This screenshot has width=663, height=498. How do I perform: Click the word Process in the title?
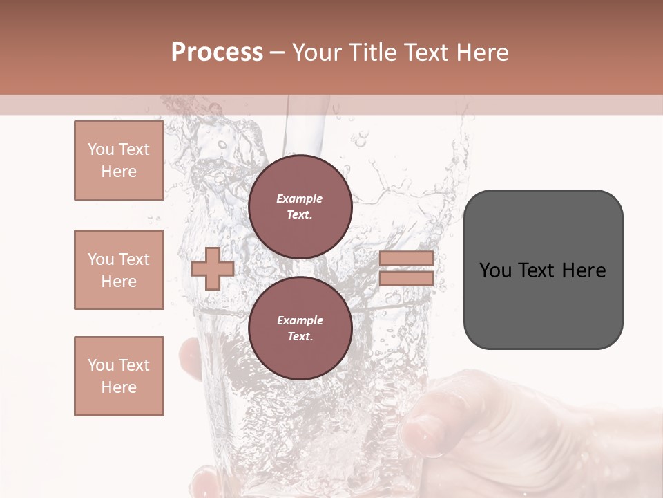click(217, 53)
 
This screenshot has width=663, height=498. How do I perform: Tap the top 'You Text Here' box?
click(119, 160)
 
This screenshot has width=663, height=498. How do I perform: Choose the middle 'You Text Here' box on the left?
click(119, 270)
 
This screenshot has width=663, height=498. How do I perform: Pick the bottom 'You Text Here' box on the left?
click(119, 376)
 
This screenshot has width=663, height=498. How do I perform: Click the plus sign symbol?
click(213, 268)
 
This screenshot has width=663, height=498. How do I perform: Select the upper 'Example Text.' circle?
click(300, 207)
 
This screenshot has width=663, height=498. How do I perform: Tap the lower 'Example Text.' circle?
click(300, 329)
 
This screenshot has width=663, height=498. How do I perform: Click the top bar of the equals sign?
click(407, 259)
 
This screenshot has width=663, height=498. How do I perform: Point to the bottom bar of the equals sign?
click(407, 278)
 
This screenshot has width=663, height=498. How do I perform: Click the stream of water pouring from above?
click(304, 131)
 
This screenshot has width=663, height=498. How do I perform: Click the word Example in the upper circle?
click(300, 199)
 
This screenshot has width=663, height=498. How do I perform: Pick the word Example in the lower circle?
click(300, 320)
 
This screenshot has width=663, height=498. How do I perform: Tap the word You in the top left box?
click(101, 149)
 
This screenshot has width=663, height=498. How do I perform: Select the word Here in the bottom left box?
click(119, 387)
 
